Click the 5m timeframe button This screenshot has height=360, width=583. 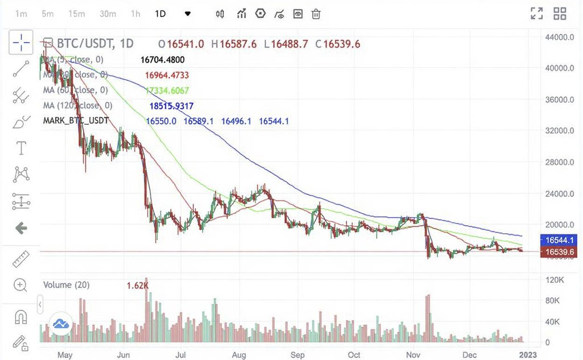pos(48,14)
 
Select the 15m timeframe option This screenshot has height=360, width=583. pos(77,14)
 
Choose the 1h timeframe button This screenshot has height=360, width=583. pos(135,14)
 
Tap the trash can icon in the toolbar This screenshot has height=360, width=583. pos(316,14)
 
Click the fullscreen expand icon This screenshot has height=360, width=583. pos(537,13)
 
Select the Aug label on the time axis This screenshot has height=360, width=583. pos(239,355)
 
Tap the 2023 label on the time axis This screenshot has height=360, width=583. pos(528,355)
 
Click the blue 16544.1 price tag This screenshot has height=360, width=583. pos(559,240)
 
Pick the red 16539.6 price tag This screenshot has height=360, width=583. pos(559,252)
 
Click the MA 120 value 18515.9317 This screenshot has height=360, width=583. pos(171,106)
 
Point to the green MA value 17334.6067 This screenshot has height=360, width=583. pos(167,90)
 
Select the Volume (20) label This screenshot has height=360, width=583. pos(64,285)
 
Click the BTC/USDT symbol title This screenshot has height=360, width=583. pos(79,44)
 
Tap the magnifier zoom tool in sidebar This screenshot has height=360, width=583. pos(21,285)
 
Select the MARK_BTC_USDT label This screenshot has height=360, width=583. pos(76,121)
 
